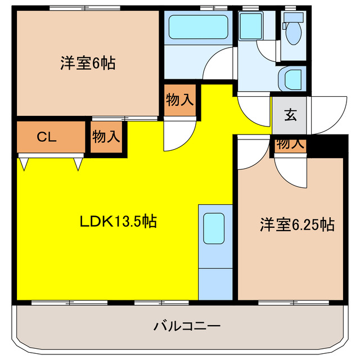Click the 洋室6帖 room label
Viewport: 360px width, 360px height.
[x=88, y=63]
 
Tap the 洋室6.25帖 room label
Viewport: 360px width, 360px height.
[x=298, y=225]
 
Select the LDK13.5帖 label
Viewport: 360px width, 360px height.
[x=117, y=221]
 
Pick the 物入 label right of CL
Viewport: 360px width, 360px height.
[x=106, y=137]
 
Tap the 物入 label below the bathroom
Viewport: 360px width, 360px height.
[x=181, y=101]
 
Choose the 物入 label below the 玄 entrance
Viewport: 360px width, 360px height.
[x=290, y=143]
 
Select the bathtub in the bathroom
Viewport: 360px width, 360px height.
[x=197, y=27]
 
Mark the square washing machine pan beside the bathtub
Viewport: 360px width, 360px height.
[x=248, y=26]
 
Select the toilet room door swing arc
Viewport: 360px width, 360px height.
[x=269, y=48]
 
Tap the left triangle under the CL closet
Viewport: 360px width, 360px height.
[x=24, y=164]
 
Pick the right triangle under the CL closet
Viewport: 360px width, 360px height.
[x=78, y=164]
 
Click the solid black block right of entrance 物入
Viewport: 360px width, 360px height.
[x=326, y=146]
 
